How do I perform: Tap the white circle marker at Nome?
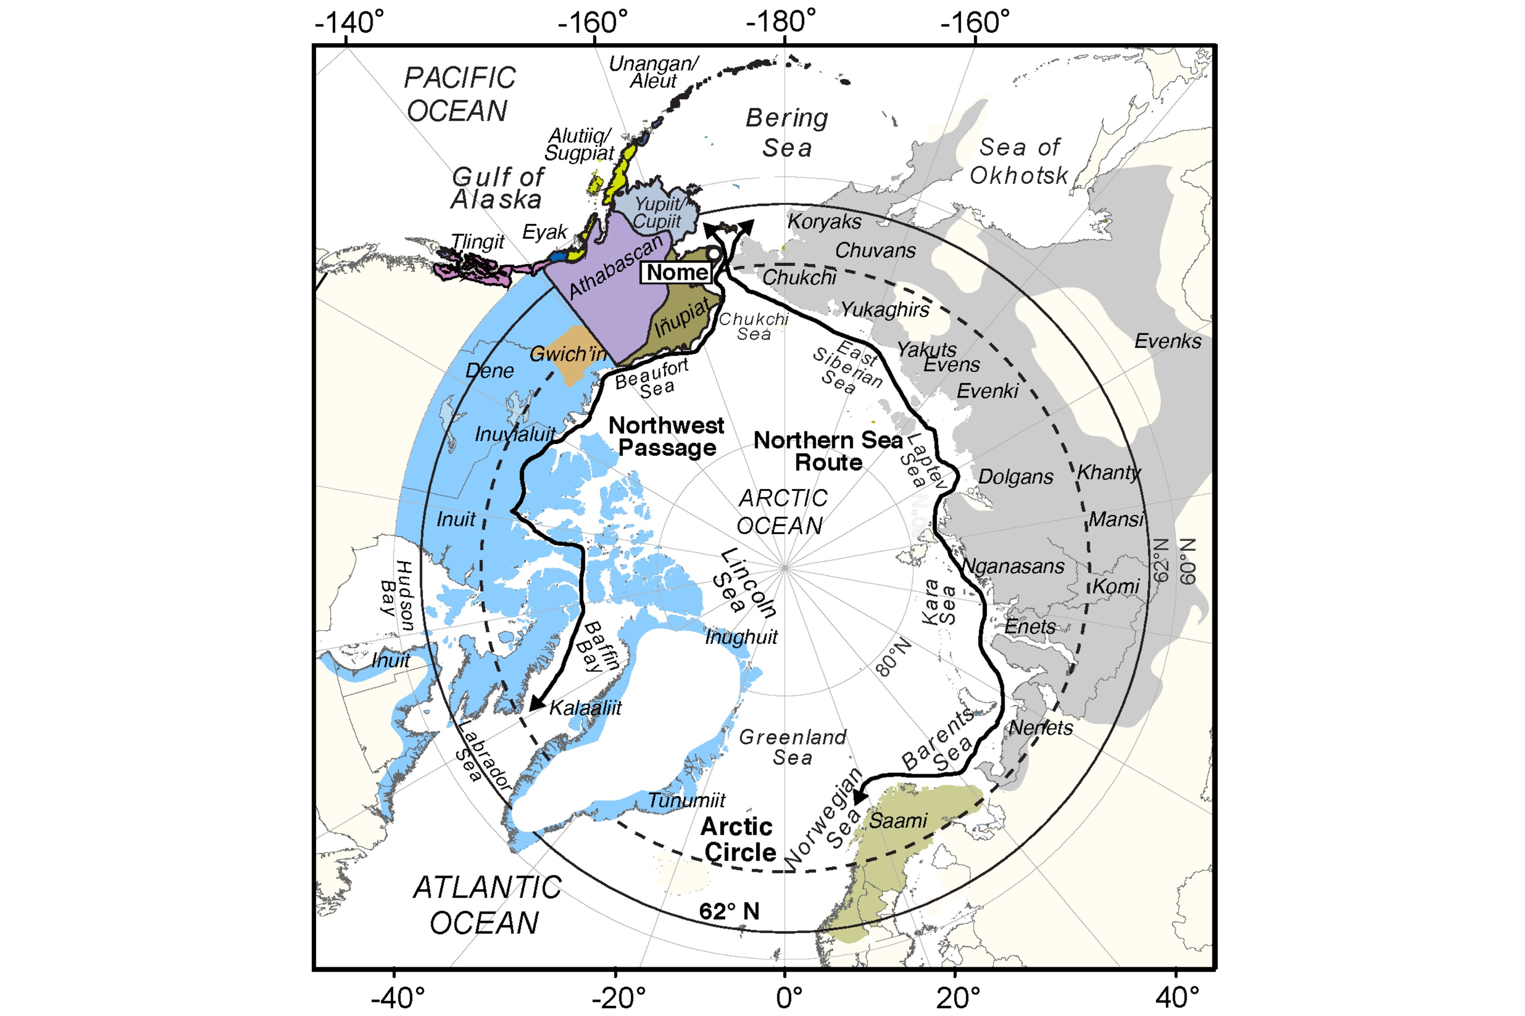tap(713, 254)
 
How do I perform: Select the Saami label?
tap(898, 821)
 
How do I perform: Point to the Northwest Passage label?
tap(666, 437)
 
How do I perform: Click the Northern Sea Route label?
tap(828, 451)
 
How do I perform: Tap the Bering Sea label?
tap(787, 133)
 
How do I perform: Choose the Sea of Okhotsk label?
tap(1019, 161)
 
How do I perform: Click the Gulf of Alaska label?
tap(497, 188)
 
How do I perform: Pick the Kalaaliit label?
tap(585, 708)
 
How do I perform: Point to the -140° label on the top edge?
tap(349, 22)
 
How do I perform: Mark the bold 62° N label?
tap(729, 912)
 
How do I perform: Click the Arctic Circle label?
tap(738, 839)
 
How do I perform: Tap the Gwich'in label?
tap(568, 354)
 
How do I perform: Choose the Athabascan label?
tap(616, 266)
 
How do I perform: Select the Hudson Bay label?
tap(396, 595)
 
